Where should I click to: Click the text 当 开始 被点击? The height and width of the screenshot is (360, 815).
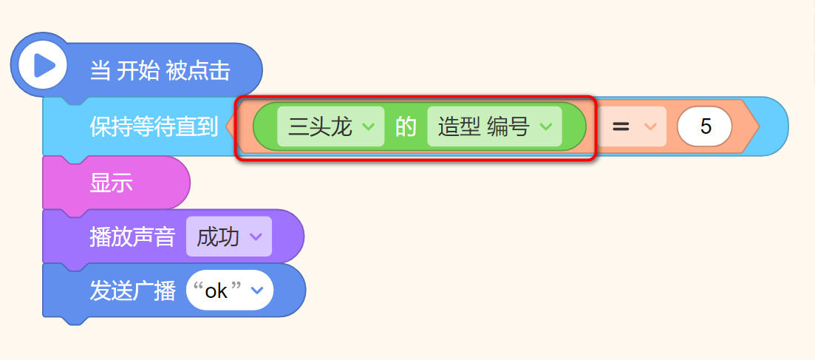tap(160, 71)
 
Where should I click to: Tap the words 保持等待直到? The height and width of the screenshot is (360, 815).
tap(154, 126)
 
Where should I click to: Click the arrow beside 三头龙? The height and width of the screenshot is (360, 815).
tap(369, 126)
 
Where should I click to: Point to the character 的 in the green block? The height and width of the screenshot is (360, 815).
tap(406, 126)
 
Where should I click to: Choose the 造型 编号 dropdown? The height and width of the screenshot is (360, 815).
tap(494, 126)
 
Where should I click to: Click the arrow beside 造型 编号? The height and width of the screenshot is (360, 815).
tap(546, 126)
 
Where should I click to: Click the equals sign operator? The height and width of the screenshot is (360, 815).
tap(621, 126)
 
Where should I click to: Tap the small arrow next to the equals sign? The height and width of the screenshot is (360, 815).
tap(650, 126)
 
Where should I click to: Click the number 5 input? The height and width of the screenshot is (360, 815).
tap(705, 126)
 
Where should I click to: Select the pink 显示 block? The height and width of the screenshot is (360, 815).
tap(112, 183)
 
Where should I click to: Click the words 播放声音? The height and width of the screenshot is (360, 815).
tap(132, 237)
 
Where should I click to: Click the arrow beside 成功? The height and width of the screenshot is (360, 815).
tap(256, 237)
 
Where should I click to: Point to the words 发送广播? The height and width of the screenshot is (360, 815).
tap(132, 291)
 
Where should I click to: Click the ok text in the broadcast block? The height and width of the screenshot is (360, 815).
tap(216, 291)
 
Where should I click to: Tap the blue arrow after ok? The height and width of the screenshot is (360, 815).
tap(256, 291)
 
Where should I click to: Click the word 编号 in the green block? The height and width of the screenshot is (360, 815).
tap(508, 126)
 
